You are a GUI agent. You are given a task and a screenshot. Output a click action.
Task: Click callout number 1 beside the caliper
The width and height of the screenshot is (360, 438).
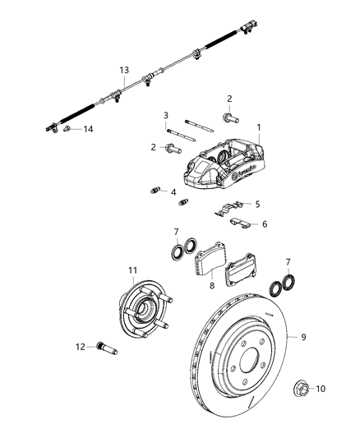point(259,127)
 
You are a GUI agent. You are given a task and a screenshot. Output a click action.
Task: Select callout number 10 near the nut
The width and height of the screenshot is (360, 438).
point(321,388)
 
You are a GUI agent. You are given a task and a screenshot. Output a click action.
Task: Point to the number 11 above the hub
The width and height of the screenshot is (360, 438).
point(132,270)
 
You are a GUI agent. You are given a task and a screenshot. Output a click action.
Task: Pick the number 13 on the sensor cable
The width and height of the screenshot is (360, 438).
point(123,71)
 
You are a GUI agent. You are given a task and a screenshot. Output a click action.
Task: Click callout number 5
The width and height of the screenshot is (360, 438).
point(257,204)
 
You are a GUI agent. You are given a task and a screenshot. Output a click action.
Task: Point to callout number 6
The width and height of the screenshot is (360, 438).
point(264,223)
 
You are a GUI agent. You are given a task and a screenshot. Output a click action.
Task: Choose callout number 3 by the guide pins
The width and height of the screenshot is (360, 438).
point(165,115)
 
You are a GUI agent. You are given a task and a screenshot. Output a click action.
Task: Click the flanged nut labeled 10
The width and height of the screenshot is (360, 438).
point(299,386)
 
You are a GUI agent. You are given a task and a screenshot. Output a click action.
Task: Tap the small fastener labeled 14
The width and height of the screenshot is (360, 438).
point(69,128)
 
